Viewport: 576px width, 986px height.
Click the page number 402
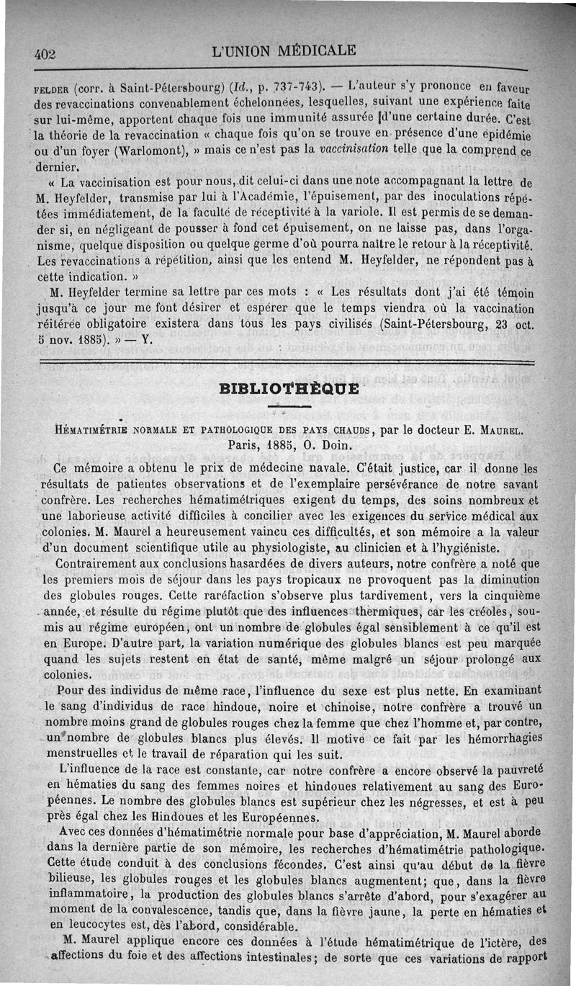pyautogui.click(x=45, y=53)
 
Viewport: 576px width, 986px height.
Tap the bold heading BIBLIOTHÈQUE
pyautogui.click(x=291, y=390)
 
